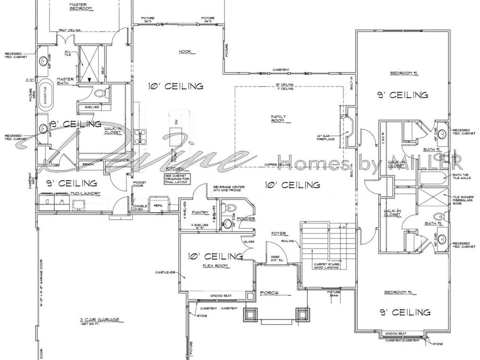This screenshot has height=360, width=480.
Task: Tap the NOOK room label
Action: (185, 51)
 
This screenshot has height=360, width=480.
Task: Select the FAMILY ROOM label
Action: (278, 118)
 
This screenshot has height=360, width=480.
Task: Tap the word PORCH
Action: (268, 294)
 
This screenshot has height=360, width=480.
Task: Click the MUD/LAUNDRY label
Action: (86, 193)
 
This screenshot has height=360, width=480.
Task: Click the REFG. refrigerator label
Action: (158, 205)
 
